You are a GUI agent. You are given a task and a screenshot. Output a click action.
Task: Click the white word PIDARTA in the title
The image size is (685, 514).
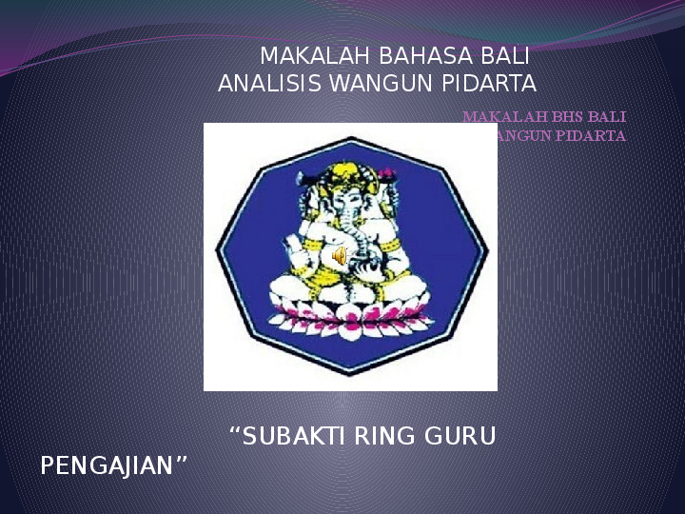click(x=492, y=83)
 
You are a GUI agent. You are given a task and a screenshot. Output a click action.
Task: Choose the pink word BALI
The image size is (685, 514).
click(x=607, y=117)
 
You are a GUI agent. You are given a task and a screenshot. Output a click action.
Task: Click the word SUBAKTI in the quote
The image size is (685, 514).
click(x=289, y=437)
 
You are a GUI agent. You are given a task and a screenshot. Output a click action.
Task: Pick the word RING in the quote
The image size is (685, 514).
click(x=386, y=437)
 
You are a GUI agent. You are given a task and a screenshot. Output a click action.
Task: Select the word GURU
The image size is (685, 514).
click(x=462, y=437)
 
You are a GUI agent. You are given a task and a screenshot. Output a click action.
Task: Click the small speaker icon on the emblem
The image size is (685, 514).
click(x=339, y=256)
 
